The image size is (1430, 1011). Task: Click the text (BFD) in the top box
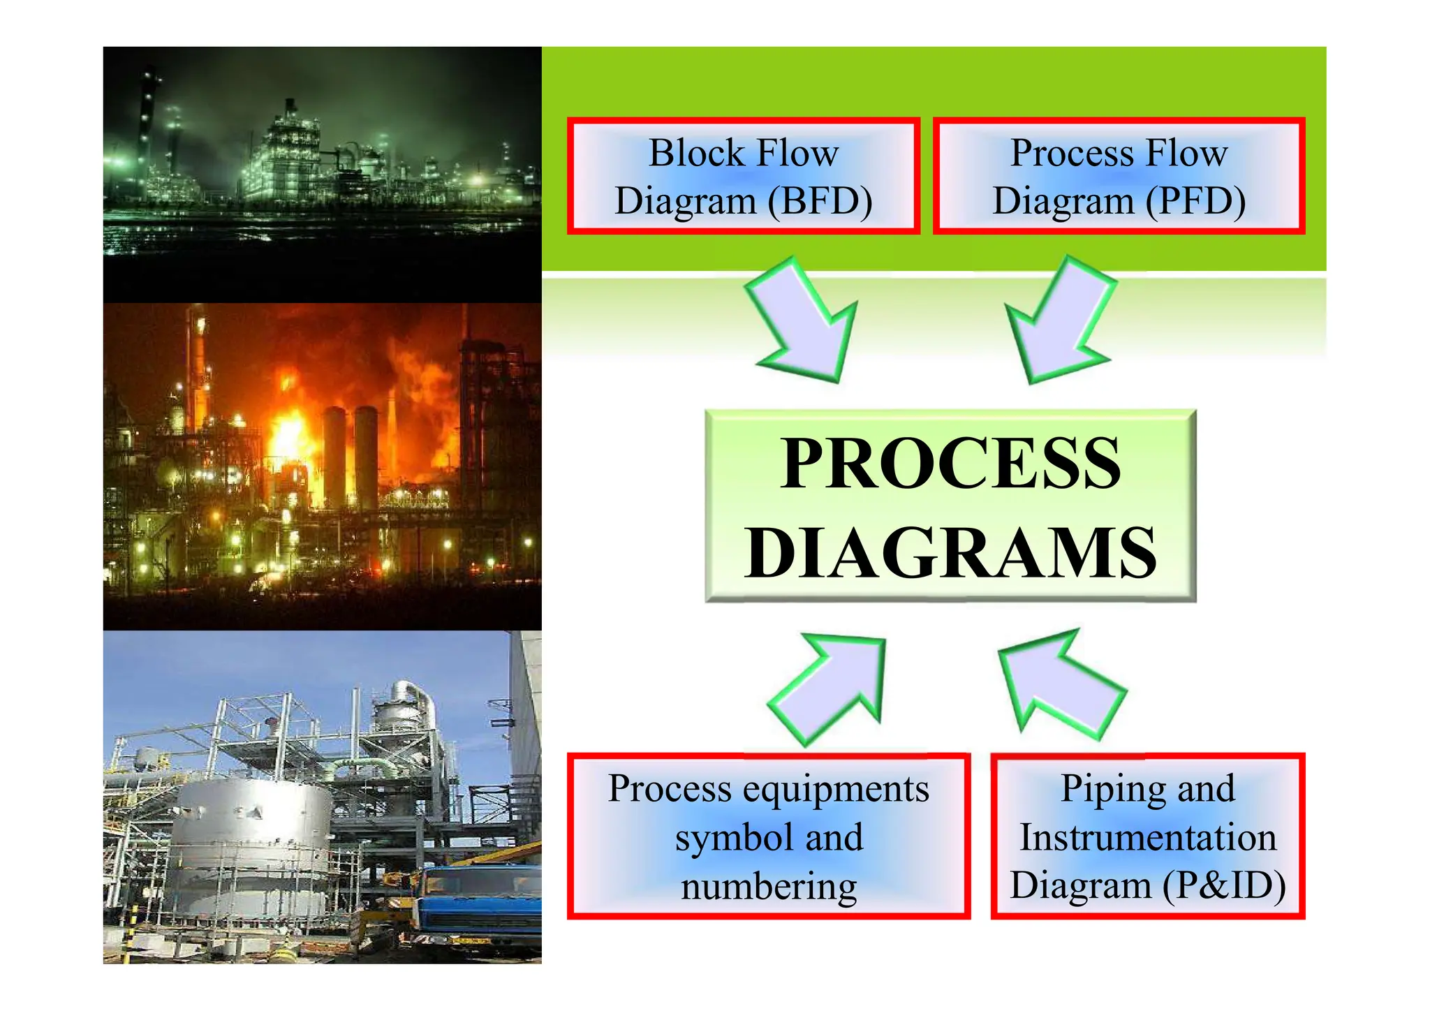pyautogui.click(x=820, y=202)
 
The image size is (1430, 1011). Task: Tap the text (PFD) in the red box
pyautogui.click(x=1195, y=202)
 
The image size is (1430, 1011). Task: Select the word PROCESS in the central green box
pyautogui.click(x=950, y=464)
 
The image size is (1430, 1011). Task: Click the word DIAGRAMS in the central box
pyautogui.click(x=950, y=554)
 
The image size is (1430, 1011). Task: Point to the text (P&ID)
pyautogui.click(x=1224, y=885)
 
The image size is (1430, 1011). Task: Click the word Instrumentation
pyautogui.click(x=1148, y=837)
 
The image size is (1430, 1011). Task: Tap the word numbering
pyautogui.click(x=769, y=887)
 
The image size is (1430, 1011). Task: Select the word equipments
pyautogui.click(x=836, y=789)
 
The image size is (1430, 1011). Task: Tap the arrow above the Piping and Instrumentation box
pyautogui.click(x=1059, y=684)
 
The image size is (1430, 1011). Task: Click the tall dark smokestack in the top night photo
pyautogui.click(x=146, y=119)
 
